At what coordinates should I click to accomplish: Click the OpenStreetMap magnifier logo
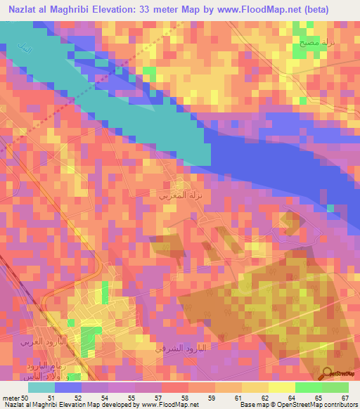tap(328, 375)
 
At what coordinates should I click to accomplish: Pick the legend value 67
tap(345, 397)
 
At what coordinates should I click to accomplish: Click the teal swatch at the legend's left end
tap(41, 387)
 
